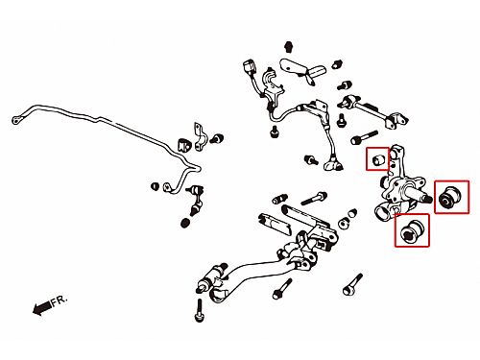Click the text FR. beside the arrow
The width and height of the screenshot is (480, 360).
[60, 300]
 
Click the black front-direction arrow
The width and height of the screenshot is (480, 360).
[42, 308]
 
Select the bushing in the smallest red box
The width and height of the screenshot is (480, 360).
[378, 158]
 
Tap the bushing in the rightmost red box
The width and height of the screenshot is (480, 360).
[450, 196]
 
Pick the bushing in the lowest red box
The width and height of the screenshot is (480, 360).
[412, 230]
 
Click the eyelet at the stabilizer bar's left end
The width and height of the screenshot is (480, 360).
[16, 120]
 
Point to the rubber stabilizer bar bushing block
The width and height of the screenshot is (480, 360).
[182, 145]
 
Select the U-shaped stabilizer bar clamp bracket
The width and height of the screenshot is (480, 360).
[200, 137]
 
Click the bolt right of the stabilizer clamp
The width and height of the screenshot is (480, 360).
[218, 138]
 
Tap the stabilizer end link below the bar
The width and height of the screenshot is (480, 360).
[196, 201]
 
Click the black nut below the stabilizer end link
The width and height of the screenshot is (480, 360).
[184, 223]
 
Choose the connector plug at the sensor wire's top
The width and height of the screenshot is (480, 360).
[249, 66]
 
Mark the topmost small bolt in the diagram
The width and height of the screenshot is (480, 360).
[289, 46]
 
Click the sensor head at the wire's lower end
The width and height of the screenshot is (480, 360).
[333, 164]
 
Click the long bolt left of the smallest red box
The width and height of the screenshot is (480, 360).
[364, 136]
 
